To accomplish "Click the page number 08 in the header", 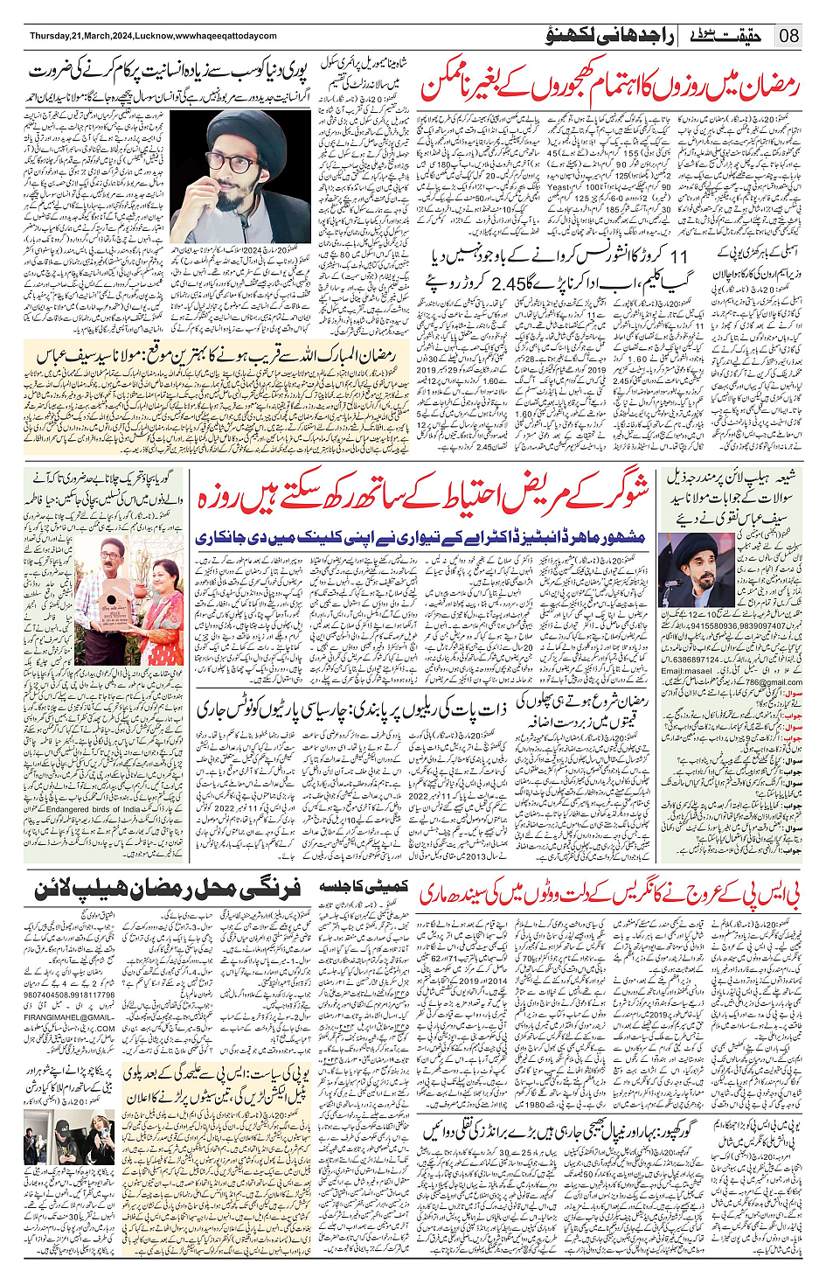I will click(x=788, y=36).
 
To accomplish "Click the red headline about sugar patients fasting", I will click(x=424, y=498).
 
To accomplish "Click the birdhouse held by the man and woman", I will click(x=114, y=603).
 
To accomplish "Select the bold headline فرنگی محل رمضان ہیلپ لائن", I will click(x=168, y=890).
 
